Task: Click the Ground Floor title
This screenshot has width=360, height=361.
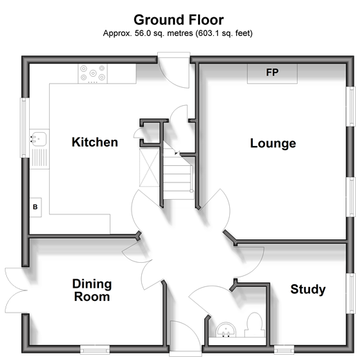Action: [x=179, y=20]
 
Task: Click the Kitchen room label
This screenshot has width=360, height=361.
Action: [x=95, y=142]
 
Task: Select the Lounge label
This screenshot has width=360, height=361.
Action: [x=273, y=143]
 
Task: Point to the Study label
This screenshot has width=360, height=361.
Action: [x=308, y=289]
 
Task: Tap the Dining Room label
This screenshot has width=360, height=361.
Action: [x=92, y=290]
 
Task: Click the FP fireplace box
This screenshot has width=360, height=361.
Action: [x=272, y=73]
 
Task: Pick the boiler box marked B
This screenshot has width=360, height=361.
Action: [x=35, y=207]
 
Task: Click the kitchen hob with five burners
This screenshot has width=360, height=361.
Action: [x=93, y=73]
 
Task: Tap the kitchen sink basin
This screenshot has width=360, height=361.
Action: [x=39, y=139]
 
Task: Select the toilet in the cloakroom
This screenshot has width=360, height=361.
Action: [x=255, y=325]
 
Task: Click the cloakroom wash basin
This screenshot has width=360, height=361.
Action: [x=226, y=330]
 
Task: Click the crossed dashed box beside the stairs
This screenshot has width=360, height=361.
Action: [x=150, y=167]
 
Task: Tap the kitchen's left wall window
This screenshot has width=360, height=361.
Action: [x=24, y=128]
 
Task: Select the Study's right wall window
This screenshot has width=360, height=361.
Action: [x=350, y=293]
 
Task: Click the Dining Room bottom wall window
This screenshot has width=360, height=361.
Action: [x=95, y=350]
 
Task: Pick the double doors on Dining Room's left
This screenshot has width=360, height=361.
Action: [x=16, y=290]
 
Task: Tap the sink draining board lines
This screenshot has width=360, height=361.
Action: [x=39, y=158]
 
